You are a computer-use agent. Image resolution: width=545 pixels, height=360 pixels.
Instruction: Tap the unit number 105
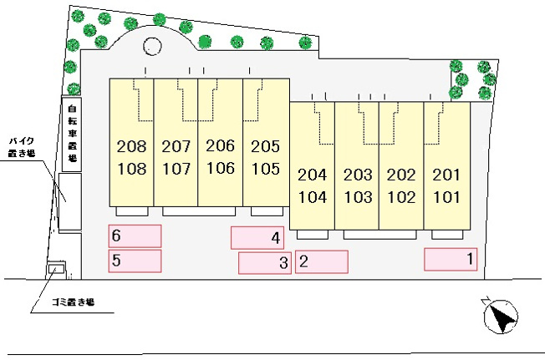264,169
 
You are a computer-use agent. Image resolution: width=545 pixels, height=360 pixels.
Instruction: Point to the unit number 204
312,175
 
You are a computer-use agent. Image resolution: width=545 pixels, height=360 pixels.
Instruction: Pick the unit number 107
176,169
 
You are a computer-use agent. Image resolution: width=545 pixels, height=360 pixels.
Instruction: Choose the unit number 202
401,175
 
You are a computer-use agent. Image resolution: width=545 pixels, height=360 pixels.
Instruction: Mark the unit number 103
357,198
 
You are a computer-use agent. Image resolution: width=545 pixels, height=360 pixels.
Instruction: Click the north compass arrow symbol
501,317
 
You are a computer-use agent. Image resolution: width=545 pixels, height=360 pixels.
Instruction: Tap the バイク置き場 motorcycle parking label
21,148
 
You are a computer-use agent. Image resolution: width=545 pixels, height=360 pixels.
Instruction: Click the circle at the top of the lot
153,47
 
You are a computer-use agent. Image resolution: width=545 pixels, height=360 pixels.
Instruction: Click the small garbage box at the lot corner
57,270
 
